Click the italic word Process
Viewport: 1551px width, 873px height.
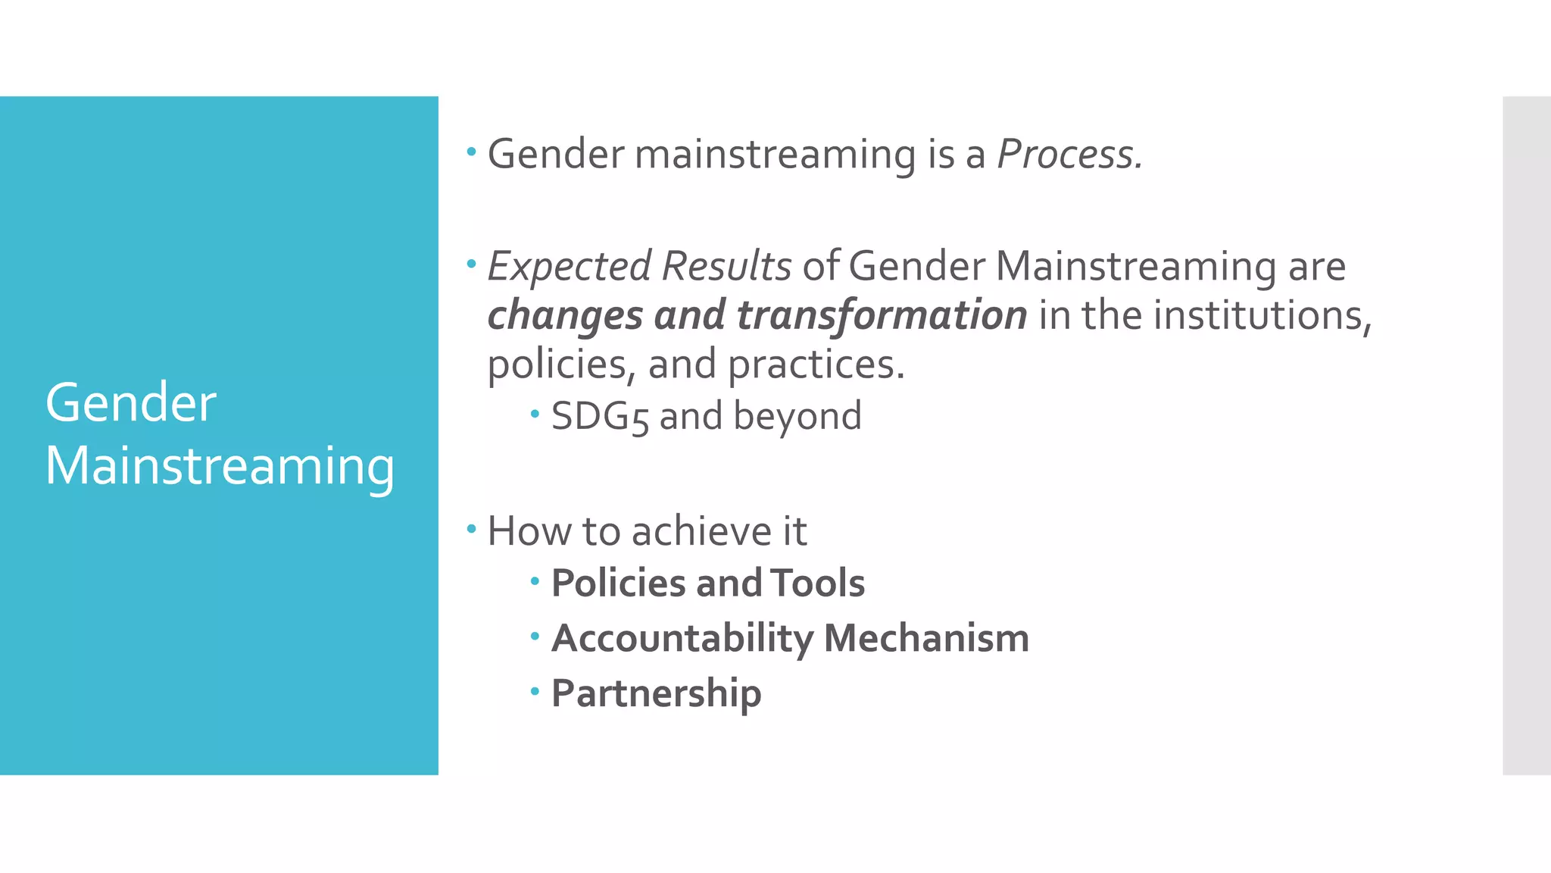click(x=1069, y=155)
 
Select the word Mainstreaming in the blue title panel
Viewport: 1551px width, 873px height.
click(x=220, y=465)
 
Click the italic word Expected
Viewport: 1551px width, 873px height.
click(x=569, y=267)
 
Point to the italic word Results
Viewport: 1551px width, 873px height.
click(x=726, y=267)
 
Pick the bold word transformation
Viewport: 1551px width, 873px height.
click(x=882, y=315)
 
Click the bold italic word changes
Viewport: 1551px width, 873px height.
click(x=565, y=315)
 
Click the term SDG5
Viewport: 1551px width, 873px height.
click(x=600, y=416)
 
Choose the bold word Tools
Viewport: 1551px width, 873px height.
click(x=818, y=584)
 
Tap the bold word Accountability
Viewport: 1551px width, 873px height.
click(x=682, y=638)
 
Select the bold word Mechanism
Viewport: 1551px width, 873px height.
click(x=926, y=638)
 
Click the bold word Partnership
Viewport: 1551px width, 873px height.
click(x=656, y=693)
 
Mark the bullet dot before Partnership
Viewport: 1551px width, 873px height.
click(x=535, y=691)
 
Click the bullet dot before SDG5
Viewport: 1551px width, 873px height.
click(x=535, y=414)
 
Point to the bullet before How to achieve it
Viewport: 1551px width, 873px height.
click(x=472, y=528)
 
